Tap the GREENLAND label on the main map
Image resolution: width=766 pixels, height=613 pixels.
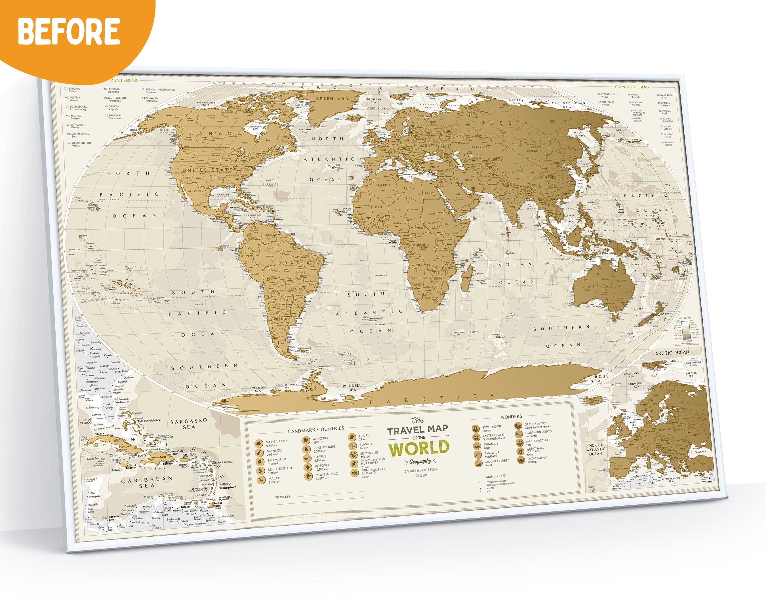click(327, 98)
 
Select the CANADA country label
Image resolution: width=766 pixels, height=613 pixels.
click(201, 134)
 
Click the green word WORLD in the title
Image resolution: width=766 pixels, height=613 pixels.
click(418, 449)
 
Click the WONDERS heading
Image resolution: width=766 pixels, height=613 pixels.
click(511, 417)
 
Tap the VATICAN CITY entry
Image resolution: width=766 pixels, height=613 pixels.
click(277, 441)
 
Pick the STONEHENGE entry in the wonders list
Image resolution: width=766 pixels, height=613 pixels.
click(492, 427)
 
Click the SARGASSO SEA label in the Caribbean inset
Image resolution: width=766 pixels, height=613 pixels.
click(189, 423)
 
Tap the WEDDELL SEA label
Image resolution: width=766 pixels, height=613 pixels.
click(352, 387)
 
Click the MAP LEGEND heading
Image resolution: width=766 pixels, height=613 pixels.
click(496, 476)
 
